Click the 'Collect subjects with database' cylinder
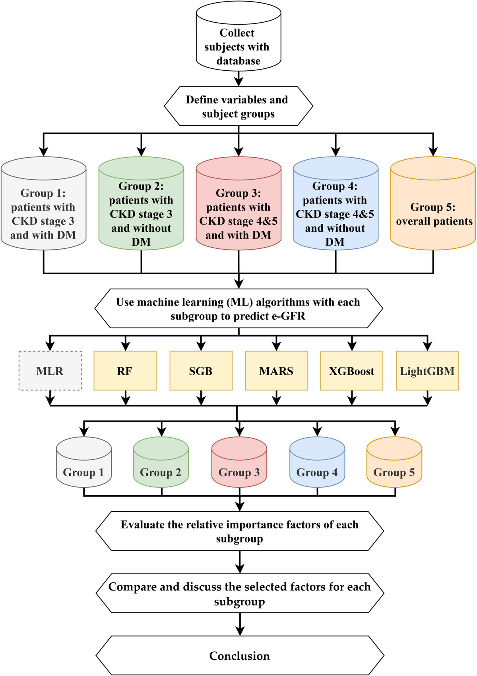pos(238,40)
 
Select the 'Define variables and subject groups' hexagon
pos(238,107)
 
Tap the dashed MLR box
pos(50,371)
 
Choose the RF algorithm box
pos(125,371)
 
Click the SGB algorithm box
pos(201,371)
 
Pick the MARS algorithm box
pos(276,371)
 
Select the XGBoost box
pos(352,371)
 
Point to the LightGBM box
pos(427,371)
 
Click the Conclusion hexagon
pos(240,656)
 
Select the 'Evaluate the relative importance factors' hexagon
pos(240,531)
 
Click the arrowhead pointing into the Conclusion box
pos(240,631)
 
